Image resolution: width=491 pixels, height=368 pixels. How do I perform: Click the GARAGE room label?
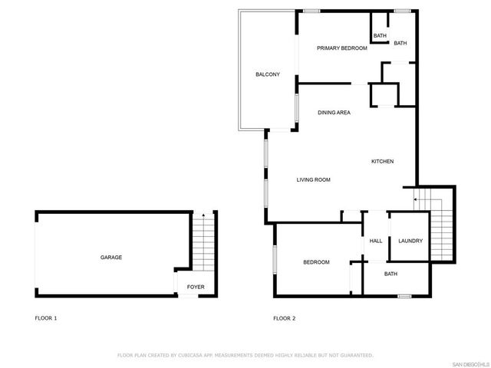click(x=111, y=258)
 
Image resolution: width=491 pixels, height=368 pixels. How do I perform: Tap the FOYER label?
click(x=196, y=287)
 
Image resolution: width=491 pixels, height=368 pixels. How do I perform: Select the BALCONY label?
click(x=268, y=74)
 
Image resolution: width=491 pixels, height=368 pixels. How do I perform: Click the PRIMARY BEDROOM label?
click(x=342, y=48)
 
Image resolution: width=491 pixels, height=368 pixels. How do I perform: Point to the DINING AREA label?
click(x=334, y=113)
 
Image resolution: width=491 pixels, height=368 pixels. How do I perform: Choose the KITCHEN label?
click(x=382, y=161)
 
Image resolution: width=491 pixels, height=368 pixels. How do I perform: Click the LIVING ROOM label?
click(x=313, y=180)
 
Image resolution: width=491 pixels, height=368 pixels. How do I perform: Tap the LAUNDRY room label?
click(x=410, y=242)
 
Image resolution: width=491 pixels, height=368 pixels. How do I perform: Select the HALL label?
click(x=376, y=242)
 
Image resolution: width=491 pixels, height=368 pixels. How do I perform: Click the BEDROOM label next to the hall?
click(x=316, y=262)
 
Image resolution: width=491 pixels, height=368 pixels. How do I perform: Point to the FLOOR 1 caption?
click(x=46, y=318)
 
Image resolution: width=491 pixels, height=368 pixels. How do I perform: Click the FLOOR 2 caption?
click(x=285, y=318)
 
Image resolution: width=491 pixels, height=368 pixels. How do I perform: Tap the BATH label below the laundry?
click(x=390, y=274)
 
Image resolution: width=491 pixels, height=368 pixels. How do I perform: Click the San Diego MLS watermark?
click(x=470, y=363)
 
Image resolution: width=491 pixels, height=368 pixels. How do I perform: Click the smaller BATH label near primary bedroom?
click(x=380, y=36)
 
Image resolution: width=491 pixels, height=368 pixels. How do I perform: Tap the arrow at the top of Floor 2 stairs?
click(x=417, y=200)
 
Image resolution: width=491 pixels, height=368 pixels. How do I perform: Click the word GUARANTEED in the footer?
click(x=354, y=356)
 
